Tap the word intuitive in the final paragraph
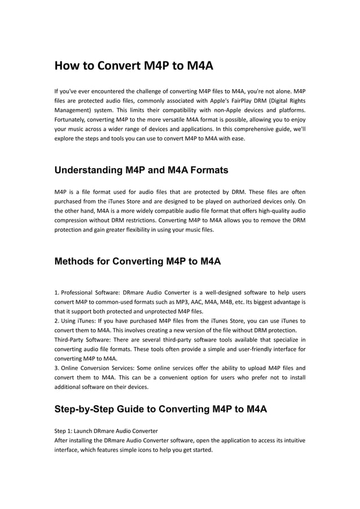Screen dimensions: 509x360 (x=293, y=441)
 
